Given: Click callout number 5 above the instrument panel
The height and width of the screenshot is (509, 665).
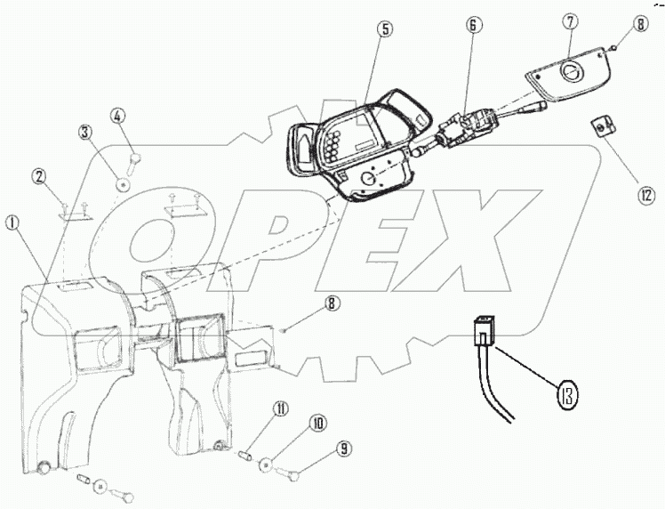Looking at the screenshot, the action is (x=383, y=29).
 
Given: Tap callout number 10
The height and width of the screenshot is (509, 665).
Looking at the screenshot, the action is (x=316, y=424).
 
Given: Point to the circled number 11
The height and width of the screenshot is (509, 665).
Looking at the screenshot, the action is (x=281, y=408).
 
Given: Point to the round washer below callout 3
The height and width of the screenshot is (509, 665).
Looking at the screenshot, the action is (x=123, y=184).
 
